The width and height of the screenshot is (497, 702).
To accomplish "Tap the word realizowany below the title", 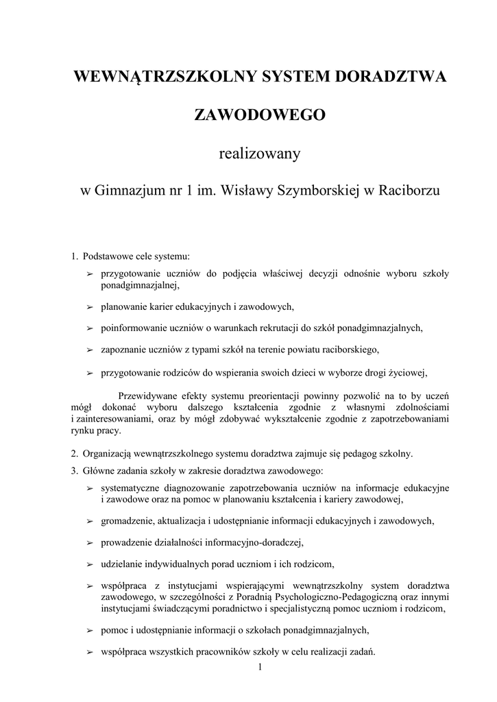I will click(260, 154).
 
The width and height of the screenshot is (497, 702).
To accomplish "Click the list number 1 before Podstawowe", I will click(73, 258).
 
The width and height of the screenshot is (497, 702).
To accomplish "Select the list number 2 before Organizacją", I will click(73, 454).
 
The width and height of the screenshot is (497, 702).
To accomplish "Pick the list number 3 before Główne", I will click(73, 471).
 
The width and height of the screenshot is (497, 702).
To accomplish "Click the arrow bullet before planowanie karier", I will click(89, 306).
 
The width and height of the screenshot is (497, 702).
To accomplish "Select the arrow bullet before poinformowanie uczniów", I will click(89, 328).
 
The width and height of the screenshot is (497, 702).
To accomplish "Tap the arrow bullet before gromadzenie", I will click(89, 521).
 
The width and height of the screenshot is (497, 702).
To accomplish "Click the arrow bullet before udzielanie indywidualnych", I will click(89, 565).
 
